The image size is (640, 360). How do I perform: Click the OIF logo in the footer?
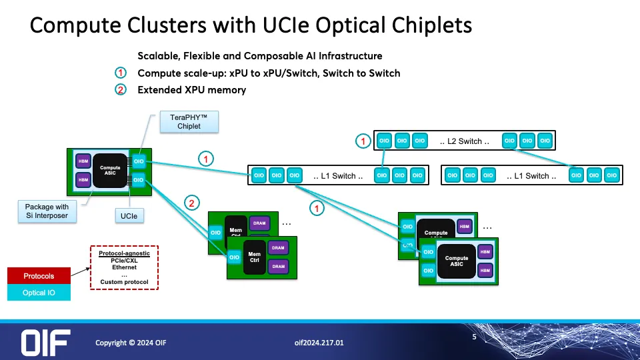45,342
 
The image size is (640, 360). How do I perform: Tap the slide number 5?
474,337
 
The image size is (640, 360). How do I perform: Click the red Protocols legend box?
39,276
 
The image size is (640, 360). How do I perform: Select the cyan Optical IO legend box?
39,293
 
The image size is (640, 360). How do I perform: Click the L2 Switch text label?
465,141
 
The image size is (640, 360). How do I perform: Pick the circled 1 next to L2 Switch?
363,141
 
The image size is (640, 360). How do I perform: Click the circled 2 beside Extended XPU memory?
120,90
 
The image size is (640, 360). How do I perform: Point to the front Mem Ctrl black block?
254,257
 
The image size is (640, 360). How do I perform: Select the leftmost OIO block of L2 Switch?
384,141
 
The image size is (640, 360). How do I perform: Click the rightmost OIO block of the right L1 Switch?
611,176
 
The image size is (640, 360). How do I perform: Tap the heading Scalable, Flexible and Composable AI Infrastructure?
260,55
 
